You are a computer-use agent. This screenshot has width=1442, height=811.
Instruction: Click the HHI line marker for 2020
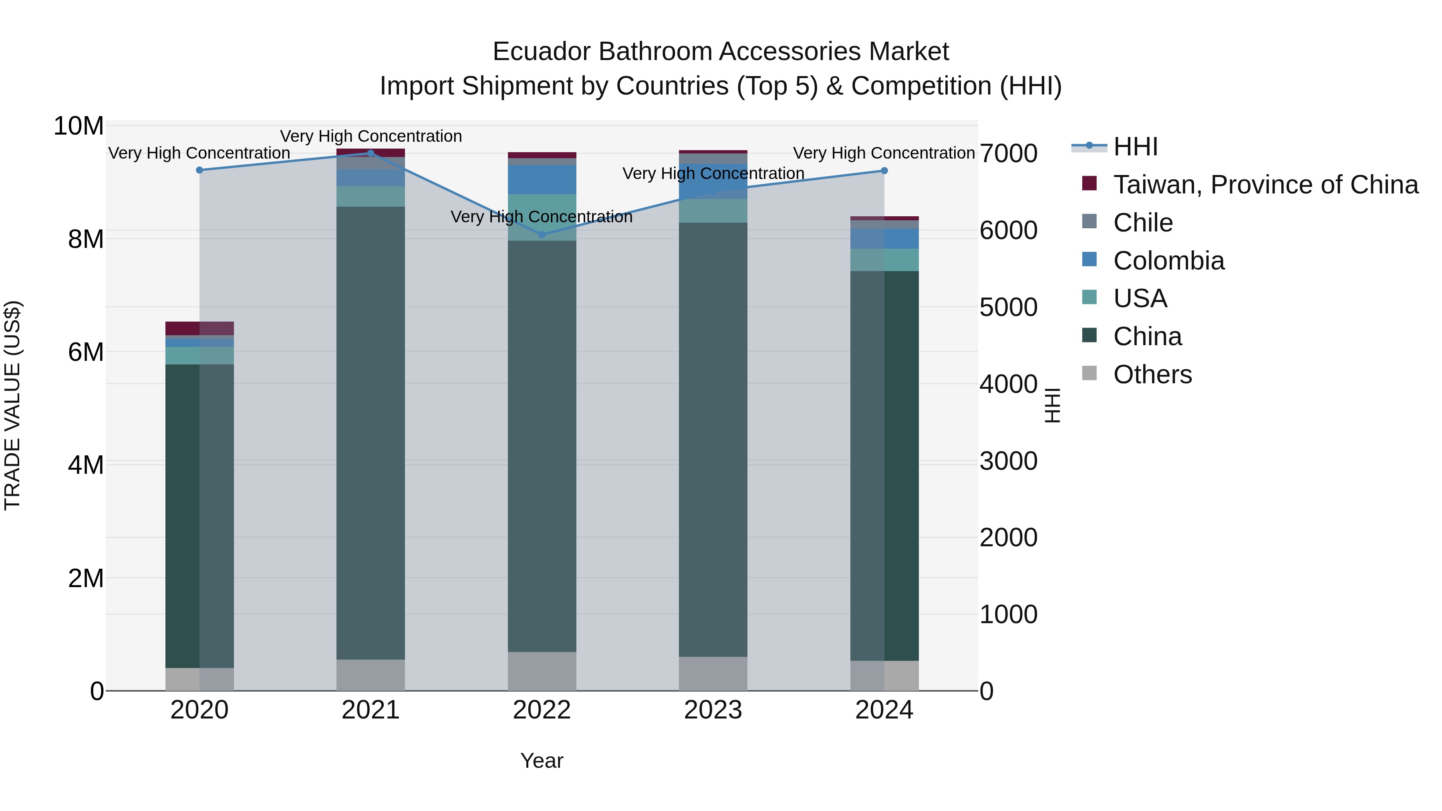pyautogui.click(x=199, y=170)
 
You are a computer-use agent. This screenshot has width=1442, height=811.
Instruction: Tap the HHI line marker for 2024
pyautogui.click(x=884, y=171)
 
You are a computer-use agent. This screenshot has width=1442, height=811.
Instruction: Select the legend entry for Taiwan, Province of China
pyautogui.click(x=1265, y=185)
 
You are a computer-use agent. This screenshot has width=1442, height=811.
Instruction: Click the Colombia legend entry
pyautogui.click(x=1168, y=261)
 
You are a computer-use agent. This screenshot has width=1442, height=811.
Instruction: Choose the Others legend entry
pyautogui.click(x=1152, y=374)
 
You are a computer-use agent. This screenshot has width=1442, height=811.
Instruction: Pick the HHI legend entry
pyautogui.click(x=1135, y=147)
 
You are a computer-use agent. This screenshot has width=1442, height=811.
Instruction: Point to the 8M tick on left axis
pyautogui.click(x=86, y=239)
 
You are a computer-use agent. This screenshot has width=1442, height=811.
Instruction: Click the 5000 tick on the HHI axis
pyautogui.click(x=1008, y=307)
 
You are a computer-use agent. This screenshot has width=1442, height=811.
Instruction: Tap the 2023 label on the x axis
pyautogui.click(x=713, y=710)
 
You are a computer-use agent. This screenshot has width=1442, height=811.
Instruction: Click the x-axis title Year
pyautogui.click(x=541, y=761)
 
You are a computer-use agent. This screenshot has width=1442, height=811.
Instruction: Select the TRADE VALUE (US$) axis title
pyautogui.click(x=12, y=405)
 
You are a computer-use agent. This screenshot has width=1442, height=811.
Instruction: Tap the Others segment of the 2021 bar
pyautogui.click(x=370, y=675)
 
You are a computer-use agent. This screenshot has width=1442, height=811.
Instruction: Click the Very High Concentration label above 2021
pyautogui.click(x=371, y=136)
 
